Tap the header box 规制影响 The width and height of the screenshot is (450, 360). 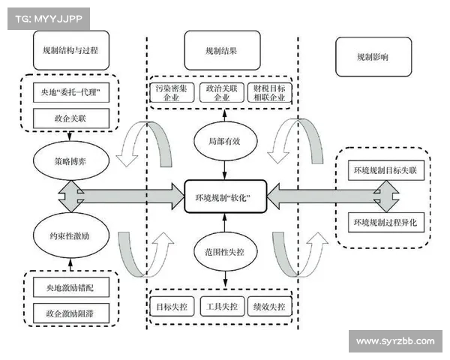pyautogui.click(x=373, y=56)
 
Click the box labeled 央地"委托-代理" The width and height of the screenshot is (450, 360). pyautogui.click(x=70, y=94)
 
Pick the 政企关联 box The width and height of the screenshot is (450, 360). pyautogui.click(x=70, y=117)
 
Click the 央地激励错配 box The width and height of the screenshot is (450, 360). pyautogui.click(x=70, y=286)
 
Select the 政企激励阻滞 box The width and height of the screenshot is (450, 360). pyautogui.click(x=70, y=311)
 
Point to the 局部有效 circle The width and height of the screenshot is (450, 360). pyautogui.click(x=223, y=140)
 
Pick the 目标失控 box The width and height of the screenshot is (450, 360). pyautogui.click(x=172, y=307)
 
